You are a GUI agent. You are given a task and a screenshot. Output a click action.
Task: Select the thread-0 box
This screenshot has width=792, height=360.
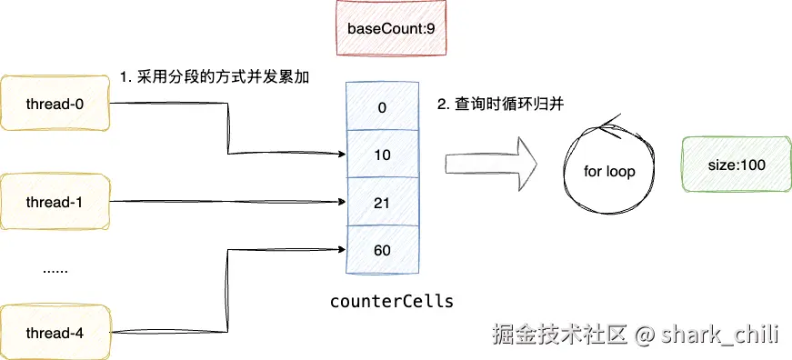(x=55, y=105)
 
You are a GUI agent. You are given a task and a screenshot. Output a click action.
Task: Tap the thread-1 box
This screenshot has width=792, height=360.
(x=55, y=202)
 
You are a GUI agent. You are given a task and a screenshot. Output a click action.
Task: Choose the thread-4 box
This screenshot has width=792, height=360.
(x=55, y=334)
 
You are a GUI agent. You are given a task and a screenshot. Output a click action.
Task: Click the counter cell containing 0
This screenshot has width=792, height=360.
(x=381, y=106)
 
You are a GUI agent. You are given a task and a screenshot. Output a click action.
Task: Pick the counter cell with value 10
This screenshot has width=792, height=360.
(x=381, y=155)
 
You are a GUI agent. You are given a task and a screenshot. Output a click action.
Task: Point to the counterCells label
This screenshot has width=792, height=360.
(x=390, y=300)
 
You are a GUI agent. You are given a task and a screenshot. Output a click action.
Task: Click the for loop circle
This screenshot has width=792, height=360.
(x=609, y=171)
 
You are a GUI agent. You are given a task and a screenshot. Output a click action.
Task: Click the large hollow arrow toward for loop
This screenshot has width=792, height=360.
(x=491, y=165)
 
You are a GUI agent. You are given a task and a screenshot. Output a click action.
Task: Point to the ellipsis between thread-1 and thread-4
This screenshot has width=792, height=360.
(x=55, y=270)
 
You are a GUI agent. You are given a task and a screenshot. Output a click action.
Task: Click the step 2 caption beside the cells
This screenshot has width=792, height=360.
(x=501, y=105)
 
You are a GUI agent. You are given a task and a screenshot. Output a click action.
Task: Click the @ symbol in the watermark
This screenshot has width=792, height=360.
(x=645, y=335)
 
